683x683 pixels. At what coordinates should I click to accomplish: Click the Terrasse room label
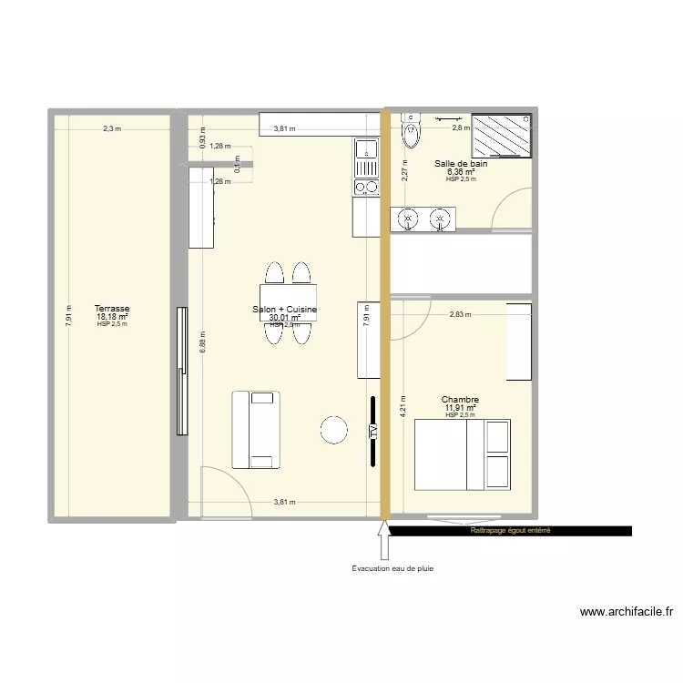tap(112, 309)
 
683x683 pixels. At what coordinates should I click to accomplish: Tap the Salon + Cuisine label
tap(285, 311)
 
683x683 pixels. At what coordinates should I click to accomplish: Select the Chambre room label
tap(460, 400)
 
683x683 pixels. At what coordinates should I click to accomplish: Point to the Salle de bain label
tap(461, 164)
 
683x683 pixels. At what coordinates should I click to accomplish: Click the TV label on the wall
tap(373, 432)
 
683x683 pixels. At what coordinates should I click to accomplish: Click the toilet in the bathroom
tap(412, 131)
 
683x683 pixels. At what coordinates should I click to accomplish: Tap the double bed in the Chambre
tap(463, 454)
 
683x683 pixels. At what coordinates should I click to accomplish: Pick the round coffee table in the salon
tap(334, 430)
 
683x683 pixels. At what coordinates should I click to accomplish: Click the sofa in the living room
tap(256, 429)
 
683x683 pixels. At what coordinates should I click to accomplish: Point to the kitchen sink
tap(366, 157)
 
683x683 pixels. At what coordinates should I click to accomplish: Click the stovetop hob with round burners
tap(366, 188)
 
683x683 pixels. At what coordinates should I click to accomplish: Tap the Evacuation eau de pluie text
tap(392, 569)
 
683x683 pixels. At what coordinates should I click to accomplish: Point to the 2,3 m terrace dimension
tap(112, 129)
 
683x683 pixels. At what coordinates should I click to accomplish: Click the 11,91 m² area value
tap(460, 408)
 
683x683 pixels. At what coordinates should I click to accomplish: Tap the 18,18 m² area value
tap(112, 317)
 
